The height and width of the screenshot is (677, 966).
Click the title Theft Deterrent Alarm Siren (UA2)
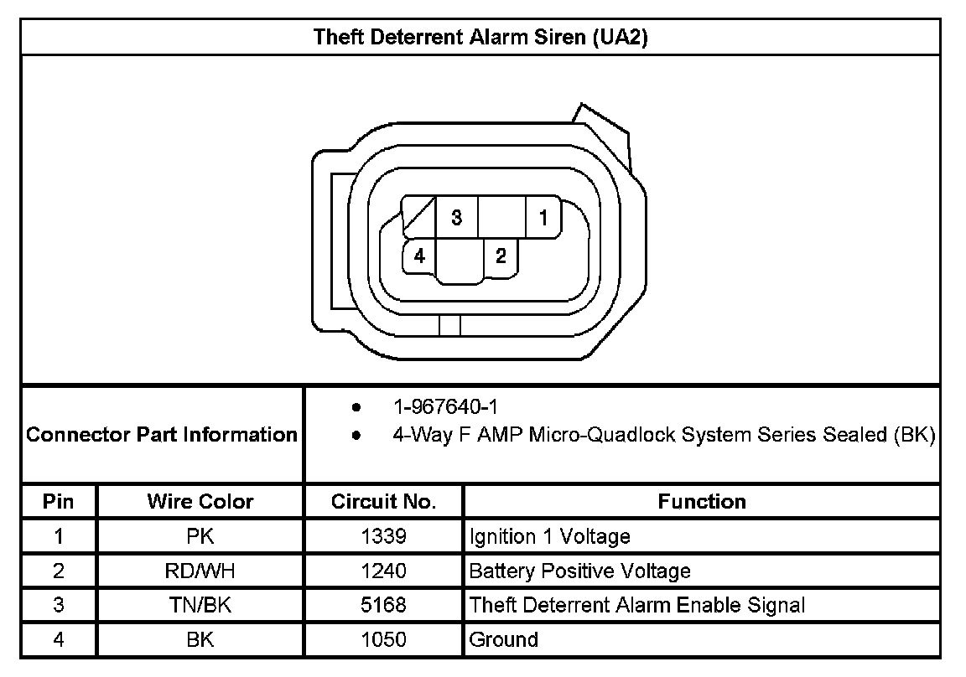[x=480, y=38]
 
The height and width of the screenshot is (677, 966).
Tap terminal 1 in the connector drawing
[x=543, y=219]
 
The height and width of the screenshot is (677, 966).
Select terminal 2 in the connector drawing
[x=501, y=256]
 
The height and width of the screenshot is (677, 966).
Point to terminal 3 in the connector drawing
[x=456, y=218]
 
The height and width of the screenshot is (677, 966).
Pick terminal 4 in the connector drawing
[x=419, y=256]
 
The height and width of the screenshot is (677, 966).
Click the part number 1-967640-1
[x=445, y=408]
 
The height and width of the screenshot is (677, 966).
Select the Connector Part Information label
[x=162, y=435]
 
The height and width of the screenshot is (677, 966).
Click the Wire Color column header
[x=200, y=502]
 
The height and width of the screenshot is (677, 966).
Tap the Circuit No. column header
[x=383, y=502]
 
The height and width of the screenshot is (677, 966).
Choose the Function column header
[x=702, y=502]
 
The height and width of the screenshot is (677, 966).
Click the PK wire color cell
[x=200, y=536]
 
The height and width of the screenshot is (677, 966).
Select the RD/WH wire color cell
[x=200, y=571]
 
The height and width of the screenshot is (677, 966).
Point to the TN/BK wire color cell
[x=200, y=606]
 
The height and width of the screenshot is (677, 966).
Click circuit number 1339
[x=383, y=536]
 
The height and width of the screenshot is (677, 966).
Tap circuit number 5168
[x=383, y=606]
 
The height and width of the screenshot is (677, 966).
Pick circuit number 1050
[x=383, y=640]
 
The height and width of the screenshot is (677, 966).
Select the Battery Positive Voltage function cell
[x=580, y=571]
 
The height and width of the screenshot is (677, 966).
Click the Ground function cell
[x=504, y=640]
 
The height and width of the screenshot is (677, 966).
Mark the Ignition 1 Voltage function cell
[x=549, y=536]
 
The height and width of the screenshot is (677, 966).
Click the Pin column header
[x=59, y=502]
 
